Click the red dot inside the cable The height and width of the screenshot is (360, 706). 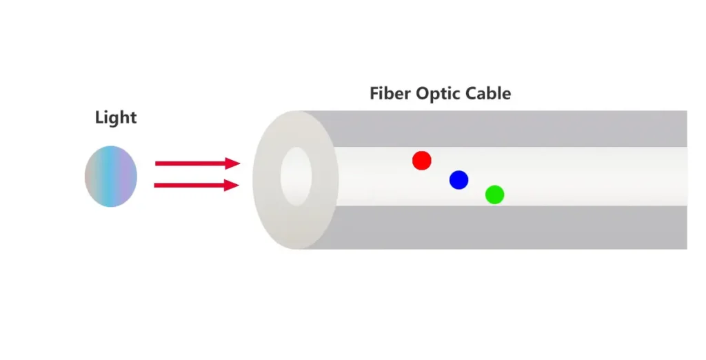421,161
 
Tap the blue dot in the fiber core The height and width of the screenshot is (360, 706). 458,180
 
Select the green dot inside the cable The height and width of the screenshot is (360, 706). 494,194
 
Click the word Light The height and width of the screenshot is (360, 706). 116,118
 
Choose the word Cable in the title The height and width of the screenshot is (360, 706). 490,93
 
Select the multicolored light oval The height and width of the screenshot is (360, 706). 111,176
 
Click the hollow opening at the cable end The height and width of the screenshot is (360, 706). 296,176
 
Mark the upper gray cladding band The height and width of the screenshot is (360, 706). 510,128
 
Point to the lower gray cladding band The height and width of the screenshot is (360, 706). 510,227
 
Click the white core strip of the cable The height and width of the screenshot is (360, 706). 586,176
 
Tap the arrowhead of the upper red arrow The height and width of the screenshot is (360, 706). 233,163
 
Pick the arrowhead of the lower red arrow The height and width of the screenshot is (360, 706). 233,185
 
